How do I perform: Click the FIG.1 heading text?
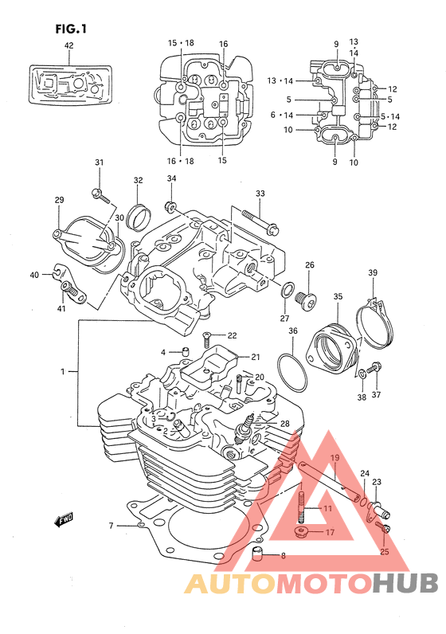[x=71, y=29]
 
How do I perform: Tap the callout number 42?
[x=68, y=45]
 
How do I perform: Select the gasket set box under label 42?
[x=70, y=85]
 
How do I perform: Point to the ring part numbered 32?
[x=138, y=218]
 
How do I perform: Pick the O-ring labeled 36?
[x=292, y=373]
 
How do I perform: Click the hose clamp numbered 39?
[x=375, y=323]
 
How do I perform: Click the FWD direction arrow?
[x=64, y=520]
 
